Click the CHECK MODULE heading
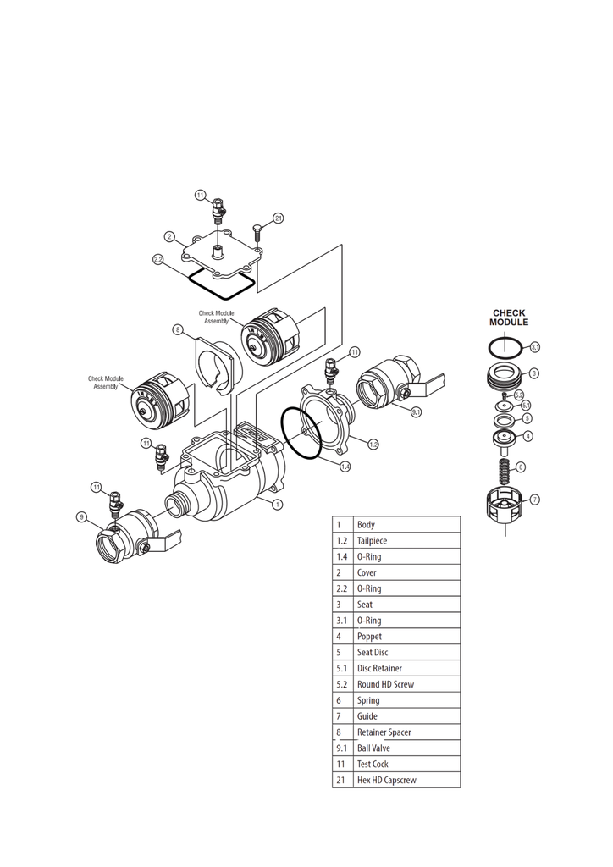click(509, 318)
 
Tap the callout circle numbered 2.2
click(158, 259)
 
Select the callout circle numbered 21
click(278, 219)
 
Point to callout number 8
click(178, 329)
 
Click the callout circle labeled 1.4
click(345, 467)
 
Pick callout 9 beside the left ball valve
click(81, 516)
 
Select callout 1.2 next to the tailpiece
click(373, 444)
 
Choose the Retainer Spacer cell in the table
click(384, 732)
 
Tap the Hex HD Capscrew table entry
click(386, 780)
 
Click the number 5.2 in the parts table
click(342, 684)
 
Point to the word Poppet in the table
click(369, 637)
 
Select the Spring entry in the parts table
click(368, 700)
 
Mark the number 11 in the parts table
click(340, 764)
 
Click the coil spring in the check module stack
click(505, 468)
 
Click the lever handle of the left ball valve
click(168, 537)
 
